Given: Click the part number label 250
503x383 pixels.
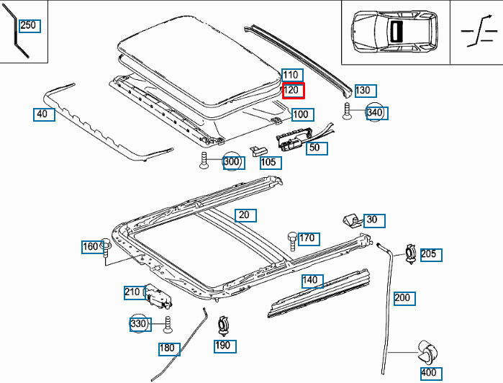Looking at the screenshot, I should (28, 26).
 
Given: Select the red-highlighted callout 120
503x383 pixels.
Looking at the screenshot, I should (293, 91).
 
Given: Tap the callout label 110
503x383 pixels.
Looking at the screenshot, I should (291, 75).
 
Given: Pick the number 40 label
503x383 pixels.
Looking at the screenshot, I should (43, 114).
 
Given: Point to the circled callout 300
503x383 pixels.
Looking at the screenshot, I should (232, 162).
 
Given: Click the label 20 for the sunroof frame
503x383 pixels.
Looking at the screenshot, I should (245, 215).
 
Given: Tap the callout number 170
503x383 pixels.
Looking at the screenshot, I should (307, 238).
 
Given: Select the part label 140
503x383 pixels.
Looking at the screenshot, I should (311, 281).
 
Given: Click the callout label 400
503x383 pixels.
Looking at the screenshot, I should (430, 373).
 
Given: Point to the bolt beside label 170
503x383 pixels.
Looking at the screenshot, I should (291, 239).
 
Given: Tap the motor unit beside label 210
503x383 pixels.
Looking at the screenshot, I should (158, 296).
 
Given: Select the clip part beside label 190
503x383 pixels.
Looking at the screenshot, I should (223, 326).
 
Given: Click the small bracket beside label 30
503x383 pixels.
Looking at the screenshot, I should (350, 220).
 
